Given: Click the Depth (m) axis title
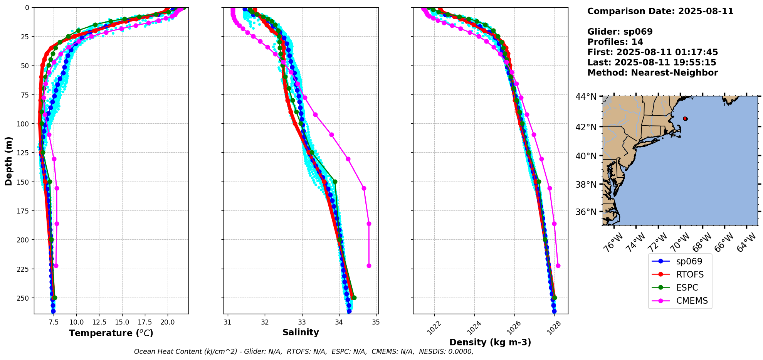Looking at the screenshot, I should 8,161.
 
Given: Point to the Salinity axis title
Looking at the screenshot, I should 301,333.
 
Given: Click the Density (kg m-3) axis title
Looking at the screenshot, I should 490,342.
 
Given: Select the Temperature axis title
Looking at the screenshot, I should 111,333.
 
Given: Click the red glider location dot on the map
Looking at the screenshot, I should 685,119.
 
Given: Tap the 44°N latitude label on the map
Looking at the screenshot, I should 586,97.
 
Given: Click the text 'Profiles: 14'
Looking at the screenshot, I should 615,42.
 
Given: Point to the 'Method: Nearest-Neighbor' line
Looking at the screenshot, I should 652,73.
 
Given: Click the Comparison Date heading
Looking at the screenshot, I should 660,11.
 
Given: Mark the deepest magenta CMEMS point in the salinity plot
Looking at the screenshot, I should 369,266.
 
